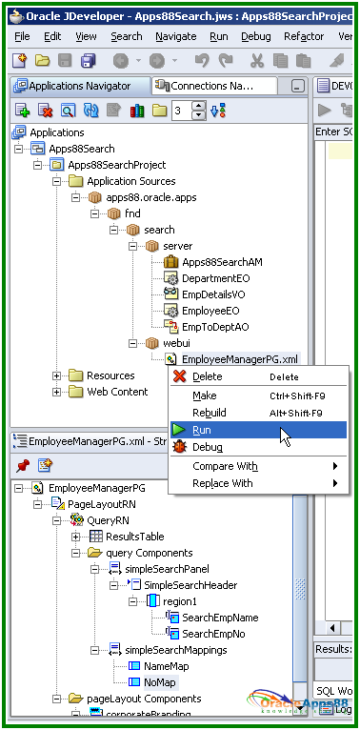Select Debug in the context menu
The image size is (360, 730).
(x=207, y=447)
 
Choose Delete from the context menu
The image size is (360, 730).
(x=207, y=376)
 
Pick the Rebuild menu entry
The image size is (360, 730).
(x=210, y=413)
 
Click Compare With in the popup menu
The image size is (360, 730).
(x=225, y=466)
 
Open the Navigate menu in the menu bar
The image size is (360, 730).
(x=175, y=36)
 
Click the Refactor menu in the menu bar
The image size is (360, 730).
(x=304, y=36)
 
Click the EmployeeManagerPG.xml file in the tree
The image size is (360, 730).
(x=239, y=359)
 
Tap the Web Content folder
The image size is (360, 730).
(x=117, y=392)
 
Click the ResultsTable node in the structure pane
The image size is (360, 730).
(x=134, y=537)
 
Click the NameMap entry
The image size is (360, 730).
(x=165, y=666)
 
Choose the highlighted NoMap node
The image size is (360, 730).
(x=160, y=682)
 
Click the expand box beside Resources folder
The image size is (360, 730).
(x=57, y=375)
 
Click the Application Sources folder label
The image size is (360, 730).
(x=130, y=181)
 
